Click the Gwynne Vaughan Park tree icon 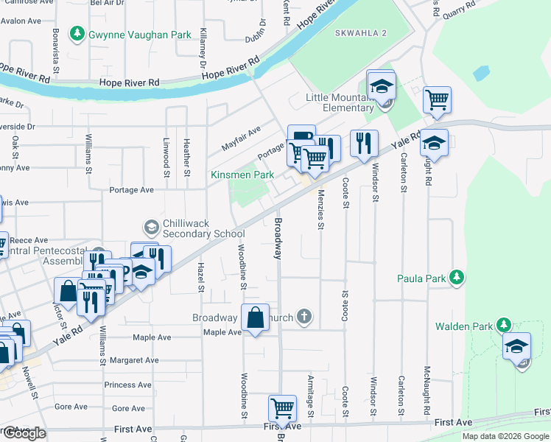coord(76,34)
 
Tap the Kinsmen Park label coord(242,175)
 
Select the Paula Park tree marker coord(457,278)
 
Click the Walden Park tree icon coord(504,325)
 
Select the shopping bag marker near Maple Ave coord(254,319)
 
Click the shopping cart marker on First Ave coord(282,407)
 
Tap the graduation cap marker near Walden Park coord(516,345)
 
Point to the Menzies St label coord(320,211)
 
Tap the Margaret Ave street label coord(134,360)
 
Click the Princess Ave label coord(130,385)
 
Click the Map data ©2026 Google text coord(505,436)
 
